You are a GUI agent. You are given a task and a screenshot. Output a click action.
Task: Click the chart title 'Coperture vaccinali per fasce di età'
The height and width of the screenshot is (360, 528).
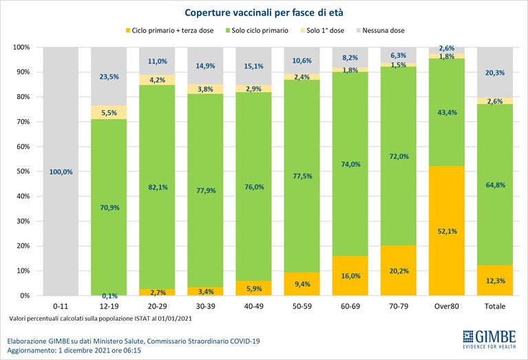pyautogui.click(x=264, y=13)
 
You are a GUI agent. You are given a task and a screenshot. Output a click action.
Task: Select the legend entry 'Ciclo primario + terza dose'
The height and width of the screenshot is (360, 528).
pyautogui.click(x=169, y=31)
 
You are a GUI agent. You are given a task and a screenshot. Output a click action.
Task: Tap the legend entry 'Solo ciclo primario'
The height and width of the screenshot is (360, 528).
pyautogui.click(x=257, y=31)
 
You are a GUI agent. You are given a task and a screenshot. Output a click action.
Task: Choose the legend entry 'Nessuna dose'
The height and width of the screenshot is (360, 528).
pyautogui.click(x=380, y=31)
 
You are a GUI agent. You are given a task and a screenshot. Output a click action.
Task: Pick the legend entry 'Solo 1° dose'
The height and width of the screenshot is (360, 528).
pyautogui.click(x=322, y=31)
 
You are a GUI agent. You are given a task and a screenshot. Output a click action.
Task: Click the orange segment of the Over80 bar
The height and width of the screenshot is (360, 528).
pyautogui.click(x=447, y=231)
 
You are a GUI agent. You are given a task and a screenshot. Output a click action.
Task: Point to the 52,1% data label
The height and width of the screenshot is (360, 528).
pyautogui.click(x=447, y=231)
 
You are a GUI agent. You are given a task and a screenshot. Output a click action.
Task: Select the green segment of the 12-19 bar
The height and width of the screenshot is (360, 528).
pyautogui.click(x=109, y=207)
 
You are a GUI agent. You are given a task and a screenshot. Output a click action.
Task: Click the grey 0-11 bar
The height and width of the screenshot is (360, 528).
pyautogui.click(x=61, y=171)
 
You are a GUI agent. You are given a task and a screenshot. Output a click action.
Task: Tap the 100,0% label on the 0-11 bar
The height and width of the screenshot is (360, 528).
pyautogui.click(x=61, y=172)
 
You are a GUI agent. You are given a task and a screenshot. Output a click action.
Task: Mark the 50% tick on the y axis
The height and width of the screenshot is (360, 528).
pyautogui.click(x=22, y=171)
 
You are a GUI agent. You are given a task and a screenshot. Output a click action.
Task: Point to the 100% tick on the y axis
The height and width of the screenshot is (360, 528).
pyautogui.click(x=21, y=47)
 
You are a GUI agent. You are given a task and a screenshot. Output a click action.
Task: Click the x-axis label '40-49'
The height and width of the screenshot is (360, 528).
pyautogui.click(x=253, y=306)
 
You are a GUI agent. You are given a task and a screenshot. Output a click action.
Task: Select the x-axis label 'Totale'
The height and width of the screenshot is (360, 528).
pyautogui.click(x=495, y=306)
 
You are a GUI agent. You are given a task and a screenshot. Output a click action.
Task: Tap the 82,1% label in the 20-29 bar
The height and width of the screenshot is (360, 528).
pyautogui.click(x=158, y=187)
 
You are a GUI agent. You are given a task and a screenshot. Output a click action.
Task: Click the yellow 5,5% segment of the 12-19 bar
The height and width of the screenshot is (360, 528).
pyautogui.click(x=109, y=112)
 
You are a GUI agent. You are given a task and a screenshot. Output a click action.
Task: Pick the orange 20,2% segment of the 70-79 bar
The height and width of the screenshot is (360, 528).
pyautogui.click(x=399, y=271)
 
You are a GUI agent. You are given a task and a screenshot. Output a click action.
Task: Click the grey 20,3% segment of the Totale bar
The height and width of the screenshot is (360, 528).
pyautogui.click(x=495, y=72)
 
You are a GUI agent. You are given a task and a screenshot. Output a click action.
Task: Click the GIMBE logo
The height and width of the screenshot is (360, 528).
pyautogui.click(x=489, y=339)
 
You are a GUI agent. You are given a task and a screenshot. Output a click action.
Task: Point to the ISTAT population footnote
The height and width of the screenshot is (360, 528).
pyautogui.click(x=101, y=318)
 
